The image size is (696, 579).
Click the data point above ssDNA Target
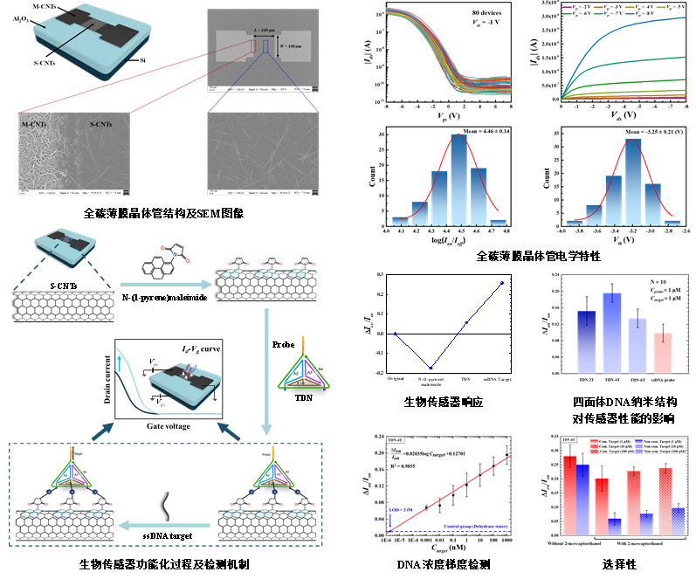pyautogui.click(x=500, y=282)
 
